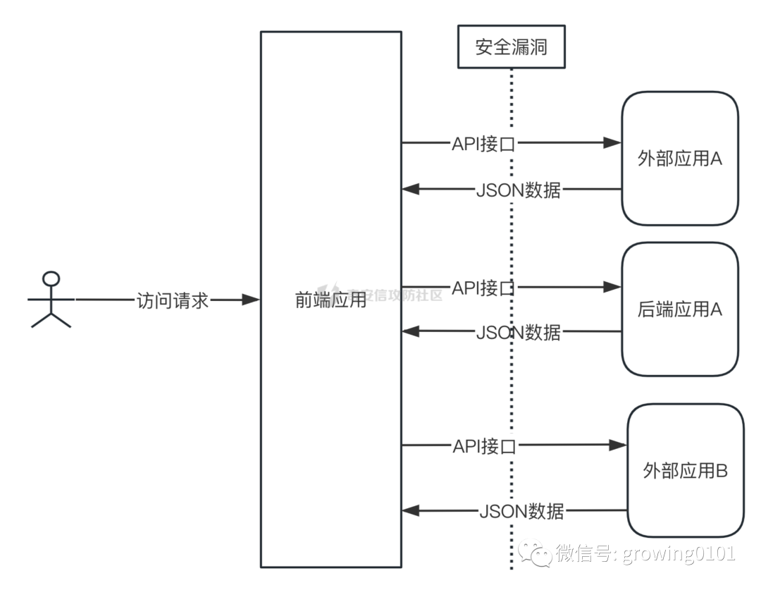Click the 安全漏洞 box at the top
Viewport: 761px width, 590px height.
511,47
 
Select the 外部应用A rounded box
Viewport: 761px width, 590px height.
680,159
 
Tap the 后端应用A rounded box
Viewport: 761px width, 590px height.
680,309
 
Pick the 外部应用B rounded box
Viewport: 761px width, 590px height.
686,470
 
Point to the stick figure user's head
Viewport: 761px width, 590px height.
51,278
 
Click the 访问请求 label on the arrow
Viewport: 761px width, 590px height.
173,300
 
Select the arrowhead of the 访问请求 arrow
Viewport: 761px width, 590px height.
251,300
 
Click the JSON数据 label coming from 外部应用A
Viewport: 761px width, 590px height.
519,190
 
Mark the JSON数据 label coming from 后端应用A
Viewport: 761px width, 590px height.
519,331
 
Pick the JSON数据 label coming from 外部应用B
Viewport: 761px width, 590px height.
521,510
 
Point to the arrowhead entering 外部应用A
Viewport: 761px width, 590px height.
613,143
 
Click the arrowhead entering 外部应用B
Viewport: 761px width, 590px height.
619,445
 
